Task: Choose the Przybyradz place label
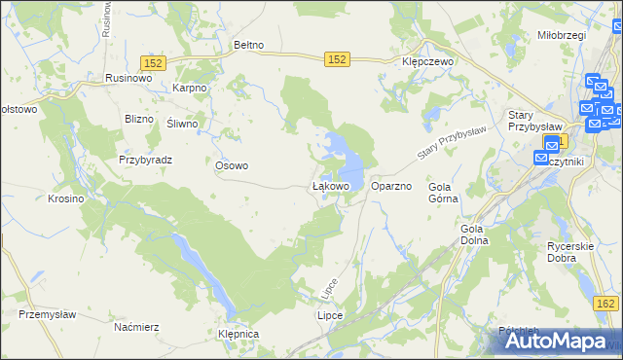145,159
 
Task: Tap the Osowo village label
232,165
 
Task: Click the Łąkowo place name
330,185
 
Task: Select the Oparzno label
392,185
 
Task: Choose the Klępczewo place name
429,59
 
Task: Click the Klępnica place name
239,334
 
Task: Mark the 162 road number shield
605,305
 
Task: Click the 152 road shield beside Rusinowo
155,62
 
